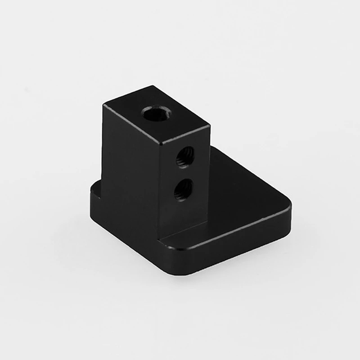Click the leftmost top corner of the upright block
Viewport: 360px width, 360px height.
pyautogui.click(x=103, y=105)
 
